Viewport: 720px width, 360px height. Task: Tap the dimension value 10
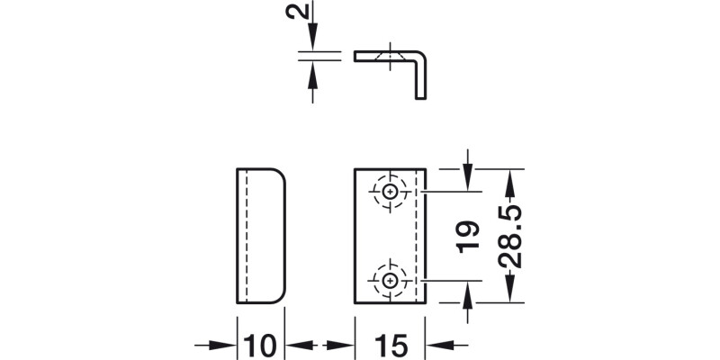260,345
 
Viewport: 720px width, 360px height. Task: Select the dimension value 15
389,345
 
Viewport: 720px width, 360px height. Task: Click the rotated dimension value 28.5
510,236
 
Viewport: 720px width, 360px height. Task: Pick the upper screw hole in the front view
390,192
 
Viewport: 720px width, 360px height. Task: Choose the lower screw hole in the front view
390,280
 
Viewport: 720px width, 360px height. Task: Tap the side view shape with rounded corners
261,235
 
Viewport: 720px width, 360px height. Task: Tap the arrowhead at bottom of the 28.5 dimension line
510,293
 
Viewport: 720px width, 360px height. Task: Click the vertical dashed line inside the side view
244,235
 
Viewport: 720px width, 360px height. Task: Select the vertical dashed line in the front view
414,235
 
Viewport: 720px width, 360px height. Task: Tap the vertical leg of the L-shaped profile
419,76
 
